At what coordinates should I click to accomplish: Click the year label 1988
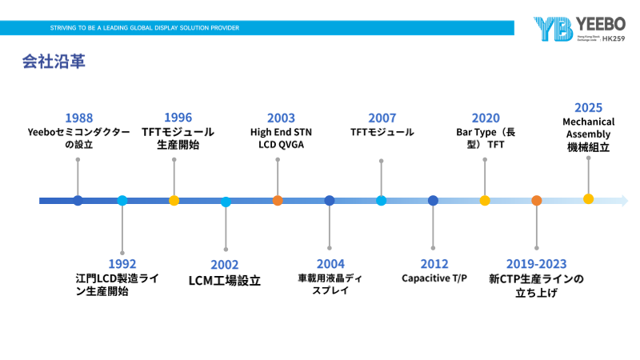(78, 118)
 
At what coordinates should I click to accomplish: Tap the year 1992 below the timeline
(122, 263)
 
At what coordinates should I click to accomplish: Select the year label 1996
(178, 118)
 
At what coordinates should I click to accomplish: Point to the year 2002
(225, 265)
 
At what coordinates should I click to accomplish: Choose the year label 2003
(281, 118)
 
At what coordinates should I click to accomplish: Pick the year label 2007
(382, 118)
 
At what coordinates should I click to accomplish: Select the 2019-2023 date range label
(536, 263)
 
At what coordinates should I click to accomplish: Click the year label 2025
(588, 107)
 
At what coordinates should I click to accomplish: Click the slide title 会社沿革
(54, 62)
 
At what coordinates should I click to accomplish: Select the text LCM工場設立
(225, 281)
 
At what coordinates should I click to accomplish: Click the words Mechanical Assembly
(588, 128)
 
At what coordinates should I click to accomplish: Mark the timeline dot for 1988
(78, 201)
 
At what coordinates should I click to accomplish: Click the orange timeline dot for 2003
(278, 201)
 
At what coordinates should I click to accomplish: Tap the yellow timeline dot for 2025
(588, 198)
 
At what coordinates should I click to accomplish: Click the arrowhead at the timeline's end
(624, 201)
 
